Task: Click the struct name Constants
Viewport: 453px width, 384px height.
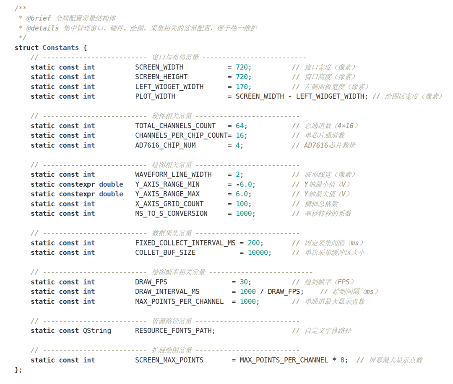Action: pyautogui.click(x=61, y=48)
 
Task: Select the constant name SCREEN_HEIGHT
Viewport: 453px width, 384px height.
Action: pyautogui.click(x=161, y=77)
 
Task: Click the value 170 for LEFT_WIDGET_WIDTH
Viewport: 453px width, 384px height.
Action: pyautogui.click(x=242, y=87)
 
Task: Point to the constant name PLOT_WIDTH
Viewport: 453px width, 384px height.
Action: pyautogui.click(x=155, y=97)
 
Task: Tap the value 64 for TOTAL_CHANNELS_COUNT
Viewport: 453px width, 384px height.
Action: pyautogui.click(x=240, y=126)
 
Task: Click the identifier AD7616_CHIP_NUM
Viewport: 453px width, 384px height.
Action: pyautogui.click(x=165, y=146)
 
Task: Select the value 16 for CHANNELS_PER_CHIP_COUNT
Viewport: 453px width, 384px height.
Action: pyautogui.click(x=240, y=136)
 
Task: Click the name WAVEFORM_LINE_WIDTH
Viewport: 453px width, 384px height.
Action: pyautogui.click(x=173, y=175)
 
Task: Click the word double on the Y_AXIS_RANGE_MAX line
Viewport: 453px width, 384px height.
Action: pyautogui.click(x=111, y=194)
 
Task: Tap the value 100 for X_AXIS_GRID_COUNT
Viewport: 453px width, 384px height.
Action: pyautogui.click(x=242, y=204)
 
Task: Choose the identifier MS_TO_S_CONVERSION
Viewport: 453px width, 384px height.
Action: pyautogui.click(x=171, y=214)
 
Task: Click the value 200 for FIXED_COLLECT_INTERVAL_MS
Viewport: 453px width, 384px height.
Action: pyautogui.click(x=254, y=243)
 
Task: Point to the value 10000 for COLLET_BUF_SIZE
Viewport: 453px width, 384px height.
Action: pyautogui.click(x=258, y=253)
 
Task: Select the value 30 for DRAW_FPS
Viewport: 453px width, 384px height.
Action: pyautogui.click(x=244, y=282)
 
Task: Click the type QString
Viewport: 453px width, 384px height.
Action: pyautogui.click(x=97, y=331)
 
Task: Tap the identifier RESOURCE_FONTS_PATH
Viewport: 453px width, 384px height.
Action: pyautogui.click(x=173, y=331)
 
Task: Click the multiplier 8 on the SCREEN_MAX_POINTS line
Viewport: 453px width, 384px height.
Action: pyautogui.click(x=342, y=360)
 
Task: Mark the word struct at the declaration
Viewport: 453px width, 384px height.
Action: pyautogui.click(x=26, y=48)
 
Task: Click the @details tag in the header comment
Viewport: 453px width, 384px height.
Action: pyautogui.click(x=42, y=29)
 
